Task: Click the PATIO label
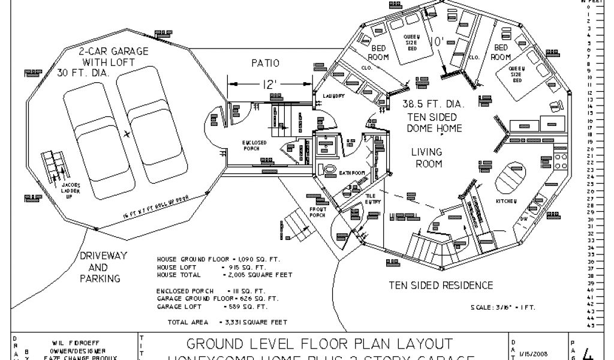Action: coord(264,63)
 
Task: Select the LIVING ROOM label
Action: coord(426,158)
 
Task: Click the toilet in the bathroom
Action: coord(329,169)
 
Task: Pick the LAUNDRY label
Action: coord(333,96)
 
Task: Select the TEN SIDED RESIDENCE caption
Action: coord(441,285)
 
